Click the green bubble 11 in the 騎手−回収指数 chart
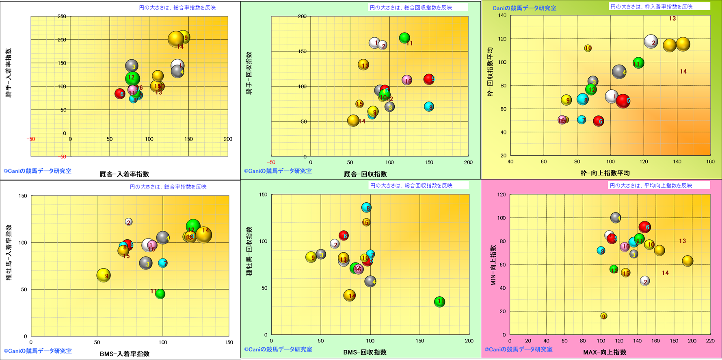[x=404, y=38]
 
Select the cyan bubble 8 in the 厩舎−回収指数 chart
[x=429, y=107]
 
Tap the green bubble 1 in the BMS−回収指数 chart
[x=439, y=301]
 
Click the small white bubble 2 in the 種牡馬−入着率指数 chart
[x=128, y=222]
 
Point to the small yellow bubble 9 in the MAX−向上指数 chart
[x=604, y=316]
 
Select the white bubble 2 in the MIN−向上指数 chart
[x=645, y=281]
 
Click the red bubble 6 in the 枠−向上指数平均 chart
[x=598, y=121]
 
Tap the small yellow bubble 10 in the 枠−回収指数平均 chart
[x=588, y=48]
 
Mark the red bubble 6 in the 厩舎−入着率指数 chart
[x=119, y=94]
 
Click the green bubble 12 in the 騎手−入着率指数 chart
[x=132, y=78]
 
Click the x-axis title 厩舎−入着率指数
[x=124, y=174]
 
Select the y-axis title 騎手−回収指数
[x=249, y=74]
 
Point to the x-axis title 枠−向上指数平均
[x=605, y=173]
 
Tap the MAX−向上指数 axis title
[x=605, y=352]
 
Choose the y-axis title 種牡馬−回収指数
[x=249, y=251]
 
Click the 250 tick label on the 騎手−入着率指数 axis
[x=62, y=17]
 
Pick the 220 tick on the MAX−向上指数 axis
[x=710, y=341]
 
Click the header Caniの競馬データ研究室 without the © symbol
[x=524, y=8]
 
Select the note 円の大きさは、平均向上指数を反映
[x=651, y=186]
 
